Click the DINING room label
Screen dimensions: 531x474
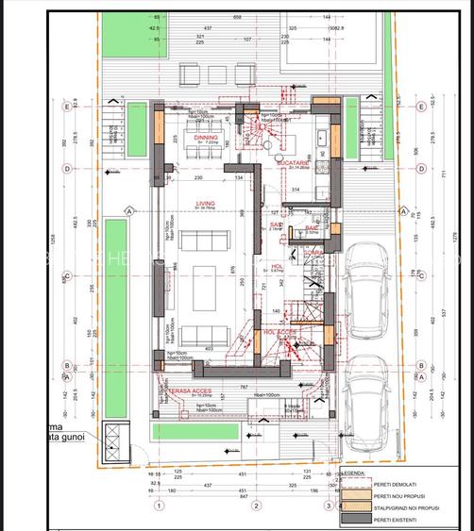tap(206, 138)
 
